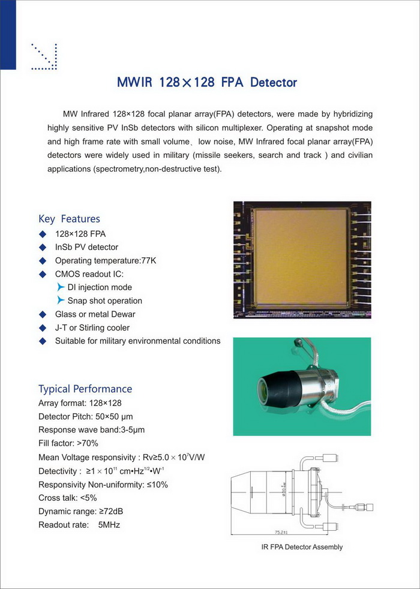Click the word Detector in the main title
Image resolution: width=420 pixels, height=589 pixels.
[x=273, y=82]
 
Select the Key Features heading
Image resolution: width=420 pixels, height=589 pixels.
[x=69, y=219]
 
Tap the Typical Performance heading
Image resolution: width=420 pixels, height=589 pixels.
[x=85, y=389]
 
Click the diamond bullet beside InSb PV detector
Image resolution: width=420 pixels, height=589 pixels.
[x=42, y=247]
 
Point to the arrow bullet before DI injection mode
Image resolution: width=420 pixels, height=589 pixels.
[x=60, y=287]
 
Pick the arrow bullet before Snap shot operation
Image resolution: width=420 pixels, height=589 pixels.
[x=60, y=300]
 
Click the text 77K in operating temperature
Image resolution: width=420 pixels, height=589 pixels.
[x=149, y=261]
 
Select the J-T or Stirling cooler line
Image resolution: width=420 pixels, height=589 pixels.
[x=92, y=327]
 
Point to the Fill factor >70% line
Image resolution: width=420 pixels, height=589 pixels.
[x=68, y=443]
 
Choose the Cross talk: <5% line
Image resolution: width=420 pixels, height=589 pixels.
[x=67, y=498]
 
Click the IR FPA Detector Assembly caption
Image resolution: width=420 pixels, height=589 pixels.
[x=302, y=547]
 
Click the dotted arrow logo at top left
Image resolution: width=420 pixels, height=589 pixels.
[x=44, y=57]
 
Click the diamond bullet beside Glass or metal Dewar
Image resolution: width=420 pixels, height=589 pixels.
[x=42, y=314]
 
